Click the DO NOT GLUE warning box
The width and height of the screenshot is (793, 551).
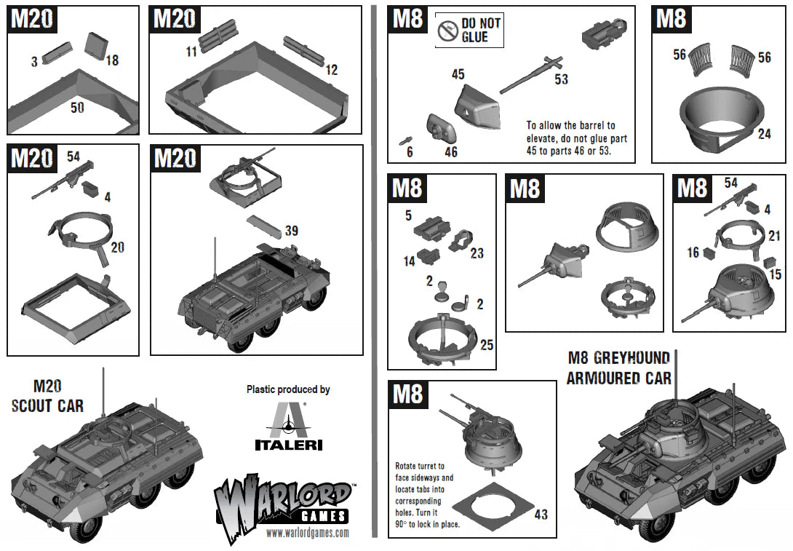coord(469,30)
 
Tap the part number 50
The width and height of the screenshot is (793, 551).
coord(77,108)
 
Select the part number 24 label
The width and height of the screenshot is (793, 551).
coord(762,134)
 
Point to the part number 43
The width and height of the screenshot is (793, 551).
coord(541,514)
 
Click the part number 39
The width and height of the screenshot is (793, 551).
coord(291,231)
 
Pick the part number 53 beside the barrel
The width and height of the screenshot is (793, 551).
coord(560,79)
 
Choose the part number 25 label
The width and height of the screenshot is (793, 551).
coord(487,344)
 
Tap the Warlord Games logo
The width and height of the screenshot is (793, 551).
coord(284,501)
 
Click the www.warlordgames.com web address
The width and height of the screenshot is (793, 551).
coord(297,533)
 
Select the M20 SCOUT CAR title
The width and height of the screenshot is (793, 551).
coord(47,396)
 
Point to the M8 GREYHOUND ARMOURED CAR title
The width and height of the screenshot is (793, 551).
coord(618,368)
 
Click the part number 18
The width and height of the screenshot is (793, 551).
coord(112,61)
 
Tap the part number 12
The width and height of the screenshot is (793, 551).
coord(331,70)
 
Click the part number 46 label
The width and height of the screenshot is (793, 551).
coord(451,151)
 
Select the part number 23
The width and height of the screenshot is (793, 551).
coord(477,253)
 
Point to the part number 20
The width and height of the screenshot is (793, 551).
coord(117,247)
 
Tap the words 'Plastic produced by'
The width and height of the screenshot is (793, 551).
coord(288,389)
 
